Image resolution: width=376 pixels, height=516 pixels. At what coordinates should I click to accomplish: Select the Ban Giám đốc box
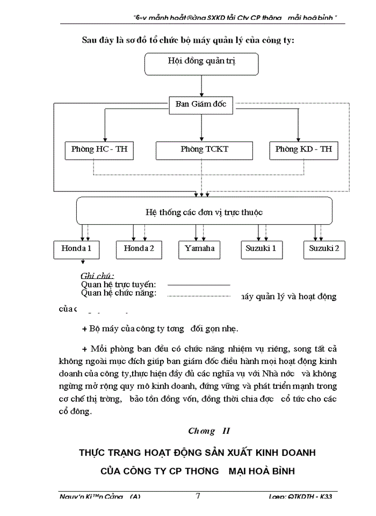(201, 105)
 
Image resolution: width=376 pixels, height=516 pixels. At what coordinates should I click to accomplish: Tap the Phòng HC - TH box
(99, 149)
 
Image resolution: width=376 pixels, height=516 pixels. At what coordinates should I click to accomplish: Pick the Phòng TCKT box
(204, 149)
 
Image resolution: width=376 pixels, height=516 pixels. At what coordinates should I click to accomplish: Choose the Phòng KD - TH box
(303, 149)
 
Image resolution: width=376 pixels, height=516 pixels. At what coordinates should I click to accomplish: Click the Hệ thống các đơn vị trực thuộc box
(204, 212)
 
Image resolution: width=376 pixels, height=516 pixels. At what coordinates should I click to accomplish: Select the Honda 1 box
(76, 249)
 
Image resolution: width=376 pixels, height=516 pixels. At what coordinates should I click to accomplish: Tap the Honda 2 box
(139, 249)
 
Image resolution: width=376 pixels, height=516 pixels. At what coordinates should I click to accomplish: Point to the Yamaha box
(200, 249)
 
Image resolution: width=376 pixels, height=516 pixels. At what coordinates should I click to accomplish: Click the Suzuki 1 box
(262, 249)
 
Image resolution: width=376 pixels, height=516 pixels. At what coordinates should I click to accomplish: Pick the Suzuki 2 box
(324, 249)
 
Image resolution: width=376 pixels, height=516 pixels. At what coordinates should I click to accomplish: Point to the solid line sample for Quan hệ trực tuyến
(198, 284)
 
